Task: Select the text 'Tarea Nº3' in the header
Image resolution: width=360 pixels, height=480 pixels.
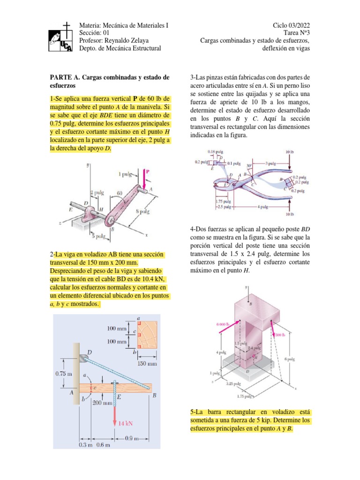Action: pyautogui.click(x=297, y=32)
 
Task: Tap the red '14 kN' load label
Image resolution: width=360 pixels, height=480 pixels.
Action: pyautogui.click(x=126, y=423)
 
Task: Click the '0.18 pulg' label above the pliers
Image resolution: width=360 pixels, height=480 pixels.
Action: pyautogui.click(x=216, y=151)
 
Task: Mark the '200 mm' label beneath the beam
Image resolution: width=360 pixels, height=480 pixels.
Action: pyautogui.click(x=102, y=402)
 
